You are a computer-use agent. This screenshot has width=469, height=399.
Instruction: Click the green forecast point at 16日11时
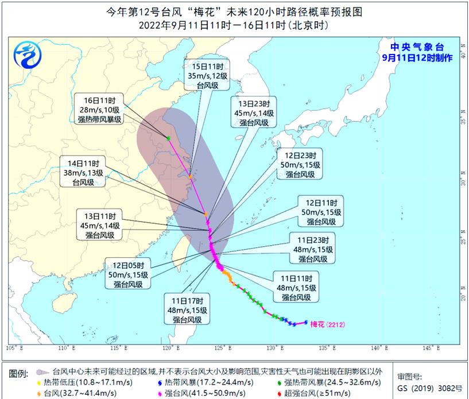click(168, 138)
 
